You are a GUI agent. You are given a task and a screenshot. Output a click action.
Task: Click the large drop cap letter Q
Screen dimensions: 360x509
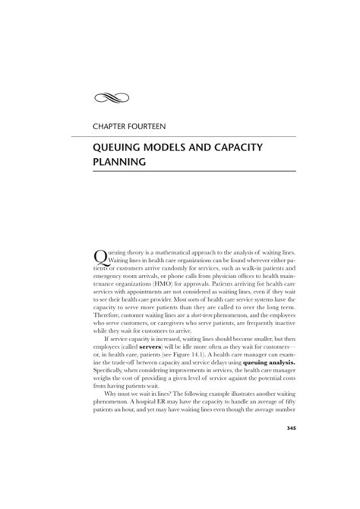(x=99, y=256)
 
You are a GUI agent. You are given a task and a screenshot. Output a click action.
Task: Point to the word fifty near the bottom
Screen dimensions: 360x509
(x=287, y=404)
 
